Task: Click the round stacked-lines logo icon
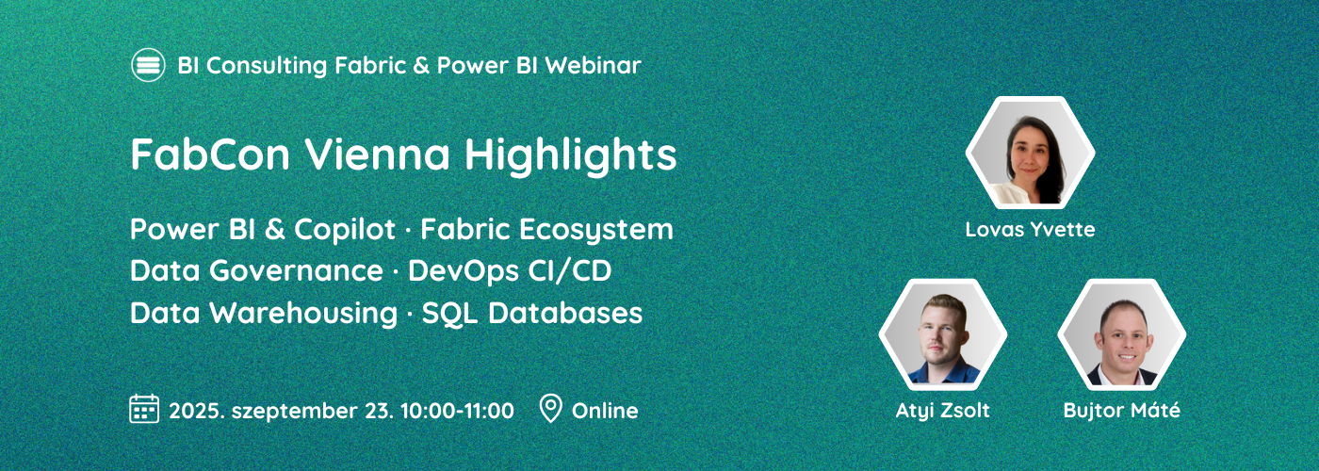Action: tap(148, 65)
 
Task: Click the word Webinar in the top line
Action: tap(593, 65)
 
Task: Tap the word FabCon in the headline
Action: tap(210, 154)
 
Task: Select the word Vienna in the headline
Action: tap(377, 154)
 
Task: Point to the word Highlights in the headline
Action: tap(571, 156)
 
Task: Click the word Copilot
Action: tap(345, 230)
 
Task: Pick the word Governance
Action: tap(296, 271)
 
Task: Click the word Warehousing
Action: tap(303, 313)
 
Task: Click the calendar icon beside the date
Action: tap(144, 409)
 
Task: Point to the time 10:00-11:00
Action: tap(457, 411)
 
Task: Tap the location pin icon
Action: tap(550, 409)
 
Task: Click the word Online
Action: tap(605, 411)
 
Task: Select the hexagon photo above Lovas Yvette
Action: tap(1031, 153)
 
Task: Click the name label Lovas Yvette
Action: tap(1031, 229)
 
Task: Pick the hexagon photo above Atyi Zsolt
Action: tap(943, 333)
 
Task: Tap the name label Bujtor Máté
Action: tap(1122, 411)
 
